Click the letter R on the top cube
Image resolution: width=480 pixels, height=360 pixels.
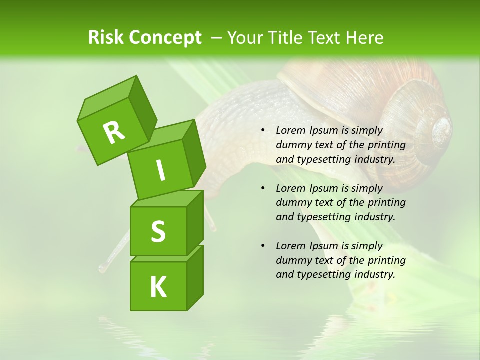(114, 132)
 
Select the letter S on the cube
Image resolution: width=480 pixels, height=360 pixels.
(158, 231)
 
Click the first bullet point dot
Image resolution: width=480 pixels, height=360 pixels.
(263, 131)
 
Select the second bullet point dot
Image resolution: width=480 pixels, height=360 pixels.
(263, 188)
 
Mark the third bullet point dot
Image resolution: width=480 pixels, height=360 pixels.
(263, 246)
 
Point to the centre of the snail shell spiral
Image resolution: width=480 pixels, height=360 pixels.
(441, 129)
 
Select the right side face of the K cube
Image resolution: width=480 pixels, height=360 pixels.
(195, 277)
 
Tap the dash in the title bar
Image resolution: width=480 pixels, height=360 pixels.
(217, 38)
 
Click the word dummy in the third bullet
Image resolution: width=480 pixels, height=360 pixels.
(293, 260)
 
